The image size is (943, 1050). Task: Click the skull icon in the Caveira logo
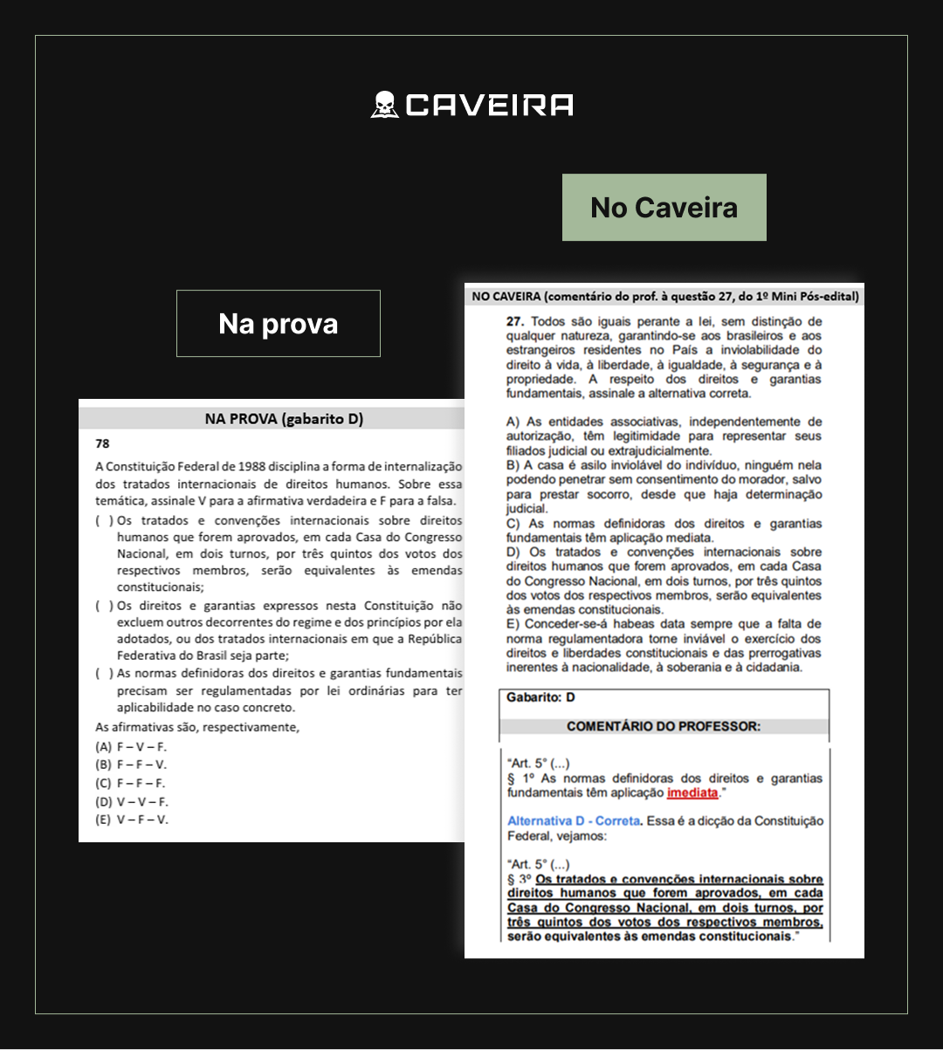coord(384,105)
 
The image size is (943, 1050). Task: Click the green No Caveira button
coord(664,208)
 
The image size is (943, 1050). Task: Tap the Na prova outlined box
coord(279,324)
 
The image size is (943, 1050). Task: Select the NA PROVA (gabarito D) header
coord(284,419)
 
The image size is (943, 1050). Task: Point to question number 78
coord(102,443)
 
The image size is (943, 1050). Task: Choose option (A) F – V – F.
coord(131,746)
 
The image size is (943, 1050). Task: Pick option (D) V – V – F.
coord(132,801)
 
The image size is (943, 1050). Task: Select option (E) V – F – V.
coord(132,820)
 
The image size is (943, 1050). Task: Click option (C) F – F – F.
coord(131,783)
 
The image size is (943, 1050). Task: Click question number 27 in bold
coord(515,322)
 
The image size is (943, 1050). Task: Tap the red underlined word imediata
coord(692,793)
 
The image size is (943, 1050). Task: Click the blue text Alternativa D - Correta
coord(574,821)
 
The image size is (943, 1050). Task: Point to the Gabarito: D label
coord(540,697)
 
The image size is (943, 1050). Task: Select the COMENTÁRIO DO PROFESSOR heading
coord(664,726)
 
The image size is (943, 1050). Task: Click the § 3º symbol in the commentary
coord(520,880)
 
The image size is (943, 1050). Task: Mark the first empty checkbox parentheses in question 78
coord(103,521)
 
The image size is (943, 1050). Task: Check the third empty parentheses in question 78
coord(103,673)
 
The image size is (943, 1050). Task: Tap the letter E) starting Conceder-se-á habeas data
coord(513,624)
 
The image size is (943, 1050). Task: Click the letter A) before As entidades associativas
coord(513,422)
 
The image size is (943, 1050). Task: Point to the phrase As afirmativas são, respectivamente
coord(197,727)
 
